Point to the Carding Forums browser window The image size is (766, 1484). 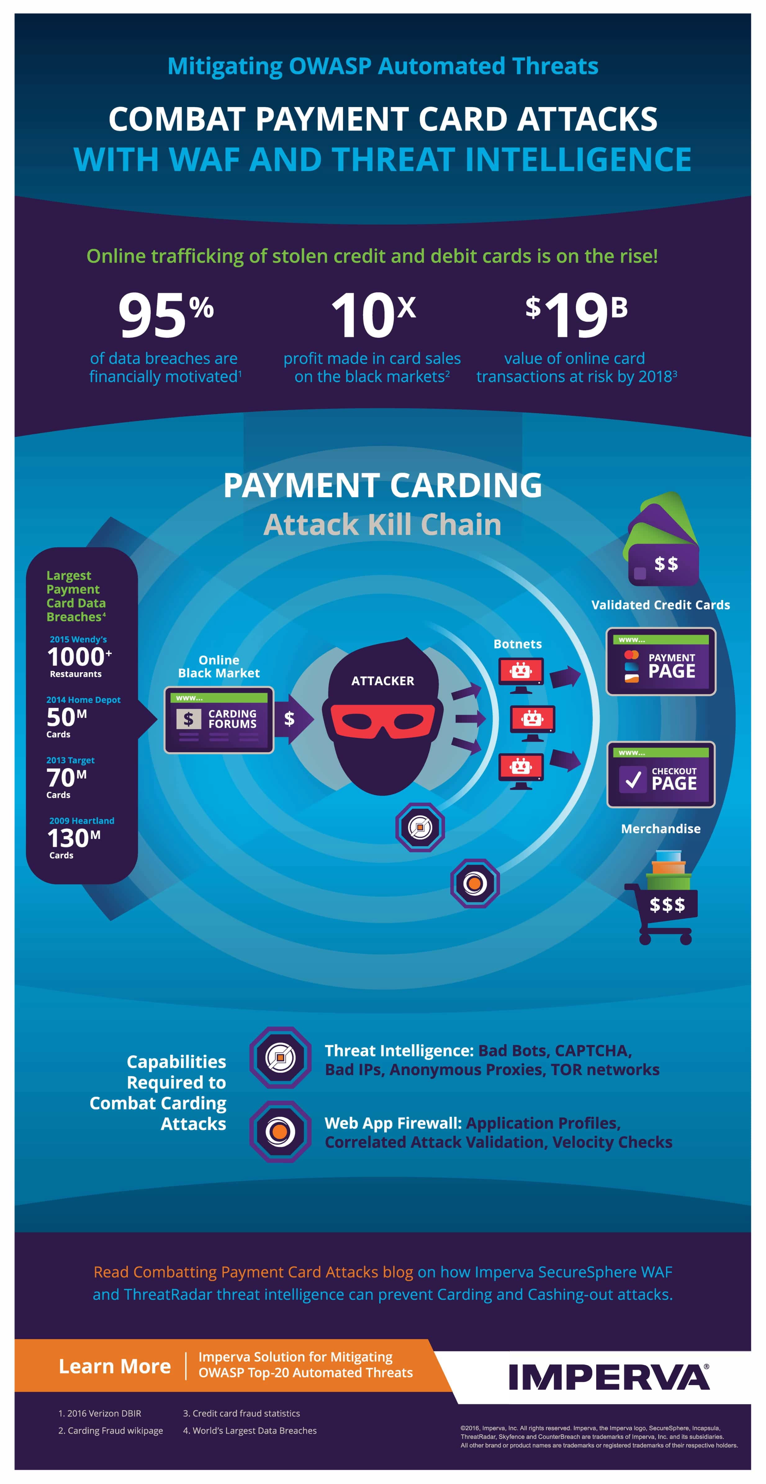coord(219,720)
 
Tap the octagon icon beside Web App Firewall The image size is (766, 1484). coord(281,1131)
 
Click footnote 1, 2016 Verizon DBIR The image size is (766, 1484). coord(100,1413)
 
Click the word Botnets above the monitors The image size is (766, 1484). coord(518,644)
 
